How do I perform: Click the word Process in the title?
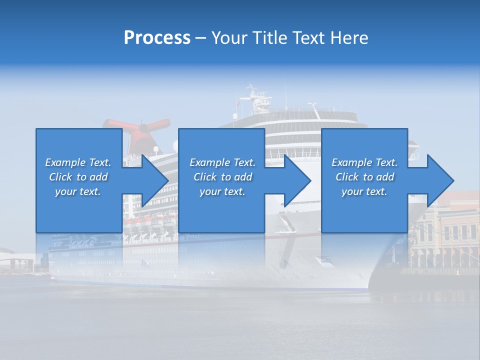click(x=157, y=38)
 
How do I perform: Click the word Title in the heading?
click(x=270, y=38)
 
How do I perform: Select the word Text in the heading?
click(x=308, y=38)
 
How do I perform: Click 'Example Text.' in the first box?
click(x=78, y=162)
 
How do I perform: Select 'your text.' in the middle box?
click(x=222, y=191)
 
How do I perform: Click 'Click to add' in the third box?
click(x=364, y=177)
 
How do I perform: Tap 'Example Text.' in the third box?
click(x=364, y=162)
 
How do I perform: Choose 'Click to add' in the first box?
click(x=78, y=177)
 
